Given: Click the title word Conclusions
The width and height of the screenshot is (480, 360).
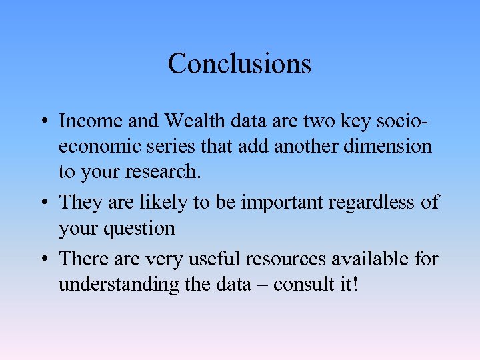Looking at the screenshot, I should pyautogui.click(x=239, y=64).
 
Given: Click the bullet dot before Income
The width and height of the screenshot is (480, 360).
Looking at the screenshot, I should pyautogui.click(x=42, y=122).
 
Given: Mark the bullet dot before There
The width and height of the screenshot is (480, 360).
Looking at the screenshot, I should pyautogui.click(x=42, y=259).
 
